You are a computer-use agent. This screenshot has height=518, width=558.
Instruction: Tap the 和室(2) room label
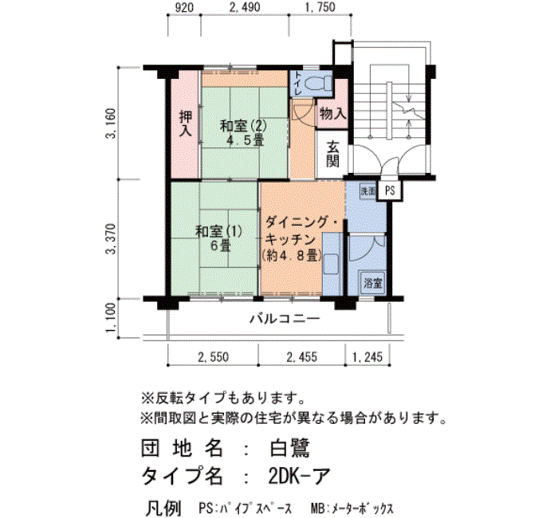(x=243, y=131)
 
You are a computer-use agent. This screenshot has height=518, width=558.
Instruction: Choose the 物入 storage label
(x=332, y=113)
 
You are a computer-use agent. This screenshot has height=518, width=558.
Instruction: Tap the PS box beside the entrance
(x=390, y=190)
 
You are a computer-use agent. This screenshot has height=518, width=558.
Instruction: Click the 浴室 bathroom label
(x=372, y=283)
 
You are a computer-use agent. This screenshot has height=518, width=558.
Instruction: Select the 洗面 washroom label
(x=367, y=191)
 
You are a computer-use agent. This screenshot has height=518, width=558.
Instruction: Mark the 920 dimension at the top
(x=183, y=9)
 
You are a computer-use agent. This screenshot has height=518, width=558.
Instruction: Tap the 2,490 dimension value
(x=245, y=9)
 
